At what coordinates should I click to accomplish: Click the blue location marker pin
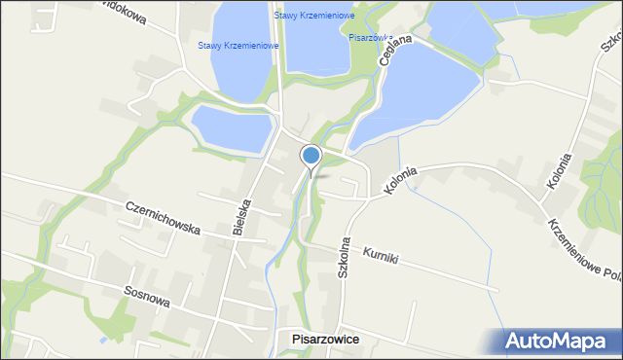click(311, 156)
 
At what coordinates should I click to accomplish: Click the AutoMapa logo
click(560, 341)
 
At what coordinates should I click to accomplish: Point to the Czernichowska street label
click(163, 218)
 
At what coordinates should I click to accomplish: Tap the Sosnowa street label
click(147, 297)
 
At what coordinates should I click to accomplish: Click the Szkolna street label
click(344, 258)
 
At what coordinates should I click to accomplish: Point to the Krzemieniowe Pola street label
click(584, 247)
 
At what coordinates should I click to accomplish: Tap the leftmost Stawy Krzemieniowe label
click(238, 46)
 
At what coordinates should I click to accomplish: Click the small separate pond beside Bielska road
click(232, 129)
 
